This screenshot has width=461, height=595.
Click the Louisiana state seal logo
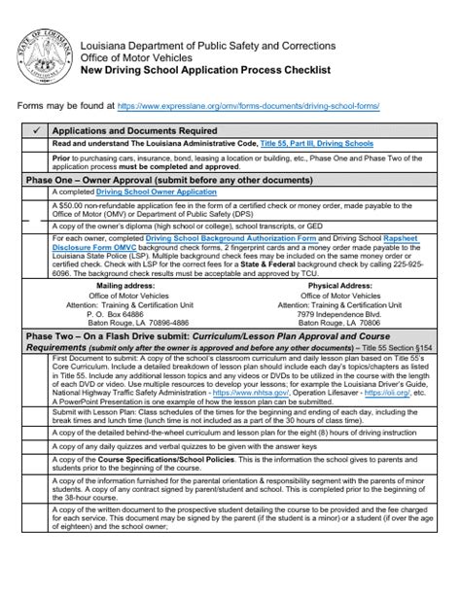click(x=41, y=52)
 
